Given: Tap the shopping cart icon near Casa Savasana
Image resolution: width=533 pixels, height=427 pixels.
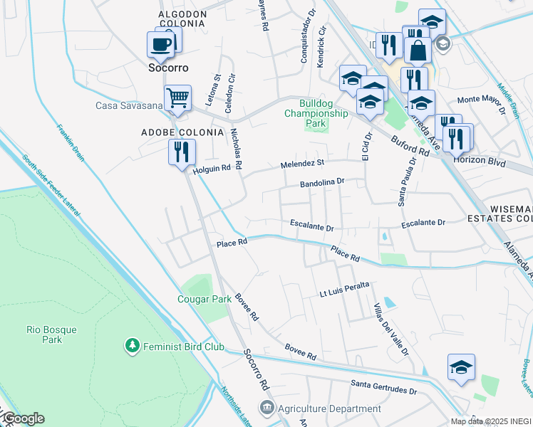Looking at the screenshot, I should (x=177, y=97).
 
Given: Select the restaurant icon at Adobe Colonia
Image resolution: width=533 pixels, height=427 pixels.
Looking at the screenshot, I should (x=181, y=151).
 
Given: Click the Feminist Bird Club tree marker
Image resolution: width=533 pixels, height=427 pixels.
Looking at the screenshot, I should (x=131, y=347).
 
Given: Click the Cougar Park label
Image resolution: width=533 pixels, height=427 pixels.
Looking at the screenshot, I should (x=205, y=299).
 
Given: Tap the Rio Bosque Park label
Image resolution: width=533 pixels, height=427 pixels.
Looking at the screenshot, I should (x=44, y=334).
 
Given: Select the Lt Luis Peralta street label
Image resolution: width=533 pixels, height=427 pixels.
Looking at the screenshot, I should (x=344, y=287).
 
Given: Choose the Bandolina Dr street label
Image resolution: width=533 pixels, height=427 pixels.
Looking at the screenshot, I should (x=322, y=182).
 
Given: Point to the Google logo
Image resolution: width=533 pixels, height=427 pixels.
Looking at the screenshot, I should (x=23, y=418).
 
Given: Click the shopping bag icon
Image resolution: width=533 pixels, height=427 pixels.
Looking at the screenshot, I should (x=417, y=50).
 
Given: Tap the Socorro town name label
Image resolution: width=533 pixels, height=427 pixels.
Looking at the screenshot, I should (x=168, y=68).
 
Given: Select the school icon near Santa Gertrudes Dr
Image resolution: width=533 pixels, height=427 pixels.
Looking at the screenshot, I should (x=461, y=367).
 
